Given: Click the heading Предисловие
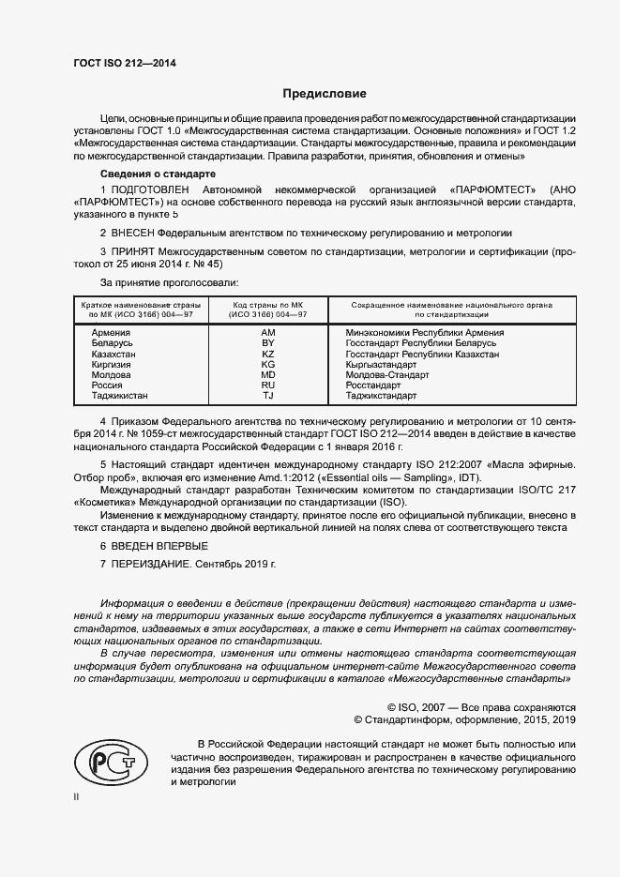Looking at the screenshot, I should click(x=325, y=94).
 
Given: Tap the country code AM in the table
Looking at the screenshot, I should click(x=267, y=333).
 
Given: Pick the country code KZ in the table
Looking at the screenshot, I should click(x=267, y=355).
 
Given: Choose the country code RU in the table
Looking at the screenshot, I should click(x=267, y=386).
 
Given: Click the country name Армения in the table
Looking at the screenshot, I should click(x=111, y=333).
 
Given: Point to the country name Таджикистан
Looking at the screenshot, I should click(x=120, y=397).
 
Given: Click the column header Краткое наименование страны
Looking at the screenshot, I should click(x=137, y=305).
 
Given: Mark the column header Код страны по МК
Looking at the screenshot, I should click(x=267, y=305).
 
